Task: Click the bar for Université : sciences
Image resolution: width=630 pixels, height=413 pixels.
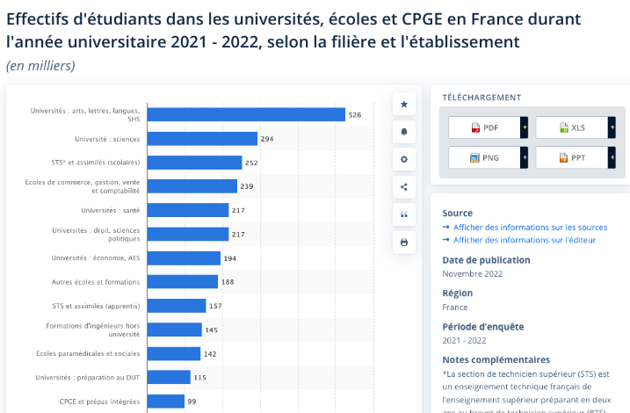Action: [202, 139]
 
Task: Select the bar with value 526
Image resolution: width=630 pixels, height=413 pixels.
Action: [246, 114]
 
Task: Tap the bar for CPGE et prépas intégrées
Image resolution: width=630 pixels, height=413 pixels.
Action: [166, 402]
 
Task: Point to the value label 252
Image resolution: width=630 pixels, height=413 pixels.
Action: [251, 163]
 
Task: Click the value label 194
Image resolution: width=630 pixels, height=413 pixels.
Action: [230, 258]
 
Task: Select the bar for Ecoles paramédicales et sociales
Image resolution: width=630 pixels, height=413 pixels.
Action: [174, 353]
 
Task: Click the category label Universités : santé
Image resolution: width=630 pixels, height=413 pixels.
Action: [111, 211]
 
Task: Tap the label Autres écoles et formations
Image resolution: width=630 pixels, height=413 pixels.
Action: [96, 282]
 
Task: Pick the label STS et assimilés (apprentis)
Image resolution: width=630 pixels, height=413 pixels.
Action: [96, 306]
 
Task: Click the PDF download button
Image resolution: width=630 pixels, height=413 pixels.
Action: [488, 127]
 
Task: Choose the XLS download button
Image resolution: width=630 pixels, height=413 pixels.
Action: [576, 127]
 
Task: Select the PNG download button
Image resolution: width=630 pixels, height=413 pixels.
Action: [488, 157]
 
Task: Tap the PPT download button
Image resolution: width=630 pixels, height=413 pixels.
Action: [576, 157]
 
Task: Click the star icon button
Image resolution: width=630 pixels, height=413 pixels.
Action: [404, 105]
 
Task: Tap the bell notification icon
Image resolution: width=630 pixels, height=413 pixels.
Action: [404, 132]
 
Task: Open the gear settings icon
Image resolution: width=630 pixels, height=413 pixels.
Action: [404, 160]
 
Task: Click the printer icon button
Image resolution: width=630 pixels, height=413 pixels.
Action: [404, 243]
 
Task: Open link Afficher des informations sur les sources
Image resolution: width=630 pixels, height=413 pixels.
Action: [531, 228]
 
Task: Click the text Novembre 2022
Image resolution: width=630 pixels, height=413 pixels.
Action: [473, 273]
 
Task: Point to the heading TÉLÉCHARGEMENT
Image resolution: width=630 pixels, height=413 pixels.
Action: [482, 98]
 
